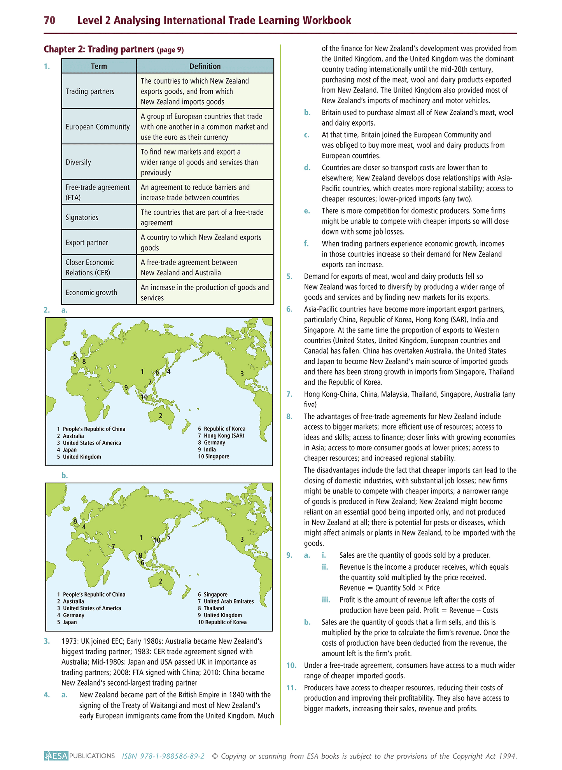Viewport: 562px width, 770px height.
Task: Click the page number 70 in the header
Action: pos(49,20)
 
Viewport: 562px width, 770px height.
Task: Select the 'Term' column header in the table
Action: pos(99,66)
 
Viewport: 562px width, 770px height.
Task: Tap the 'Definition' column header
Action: pos(205,66)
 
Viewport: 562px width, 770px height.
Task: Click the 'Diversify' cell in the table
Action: pos(78,162)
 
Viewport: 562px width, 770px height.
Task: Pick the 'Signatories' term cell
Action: pos(82,217)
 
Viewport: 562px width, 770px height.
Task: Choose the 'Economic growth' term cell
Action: pos(91,292)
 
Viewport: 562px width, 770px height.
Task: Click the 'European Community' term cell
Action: pos(98,127)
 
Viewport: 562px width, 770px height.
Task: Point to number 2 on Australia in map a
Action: pos(161,416)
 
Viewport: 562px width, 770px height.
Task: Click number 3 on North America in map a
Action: pos(242,374)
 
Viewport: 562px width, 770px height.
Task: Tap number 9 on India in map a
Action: pos(126,387)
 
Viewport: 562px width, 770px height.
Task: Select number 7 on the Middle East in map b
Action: pos(113,546)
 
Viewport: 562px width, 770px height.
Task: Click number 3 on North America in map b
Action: pos(242,539)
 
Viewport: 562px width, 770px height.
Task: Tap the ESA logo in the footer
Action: pos(56,756)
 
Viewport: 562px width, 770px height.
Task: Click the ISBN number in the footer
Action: pos(163,756)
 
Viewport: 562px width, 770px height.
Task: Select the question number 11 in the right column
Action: pos(291,688)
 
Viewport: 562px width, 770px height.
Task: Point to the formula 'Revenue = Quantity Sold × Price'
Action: pos(389,588)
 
